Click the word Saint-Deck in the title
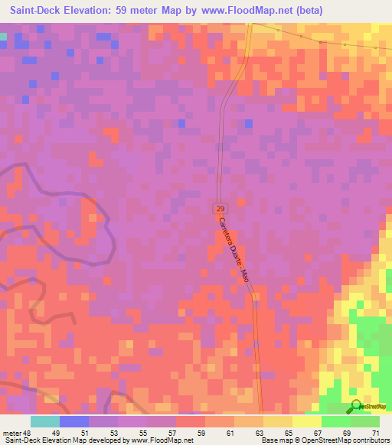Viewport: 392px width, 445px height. pos(38,11)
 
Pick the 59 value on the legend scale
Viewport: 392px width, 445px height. pos(201,433)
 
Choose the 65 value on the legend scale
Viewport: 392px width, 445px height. pos(289,433)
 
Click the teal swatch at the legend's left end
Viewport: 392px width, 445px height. pos(45,421)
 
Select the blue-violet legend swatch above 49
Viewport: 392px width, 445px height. pos(74,421)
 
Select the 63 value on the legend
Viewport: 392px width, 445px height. pos(260,433)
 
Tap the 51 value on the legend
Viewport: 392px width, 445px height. pos(85,433)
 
